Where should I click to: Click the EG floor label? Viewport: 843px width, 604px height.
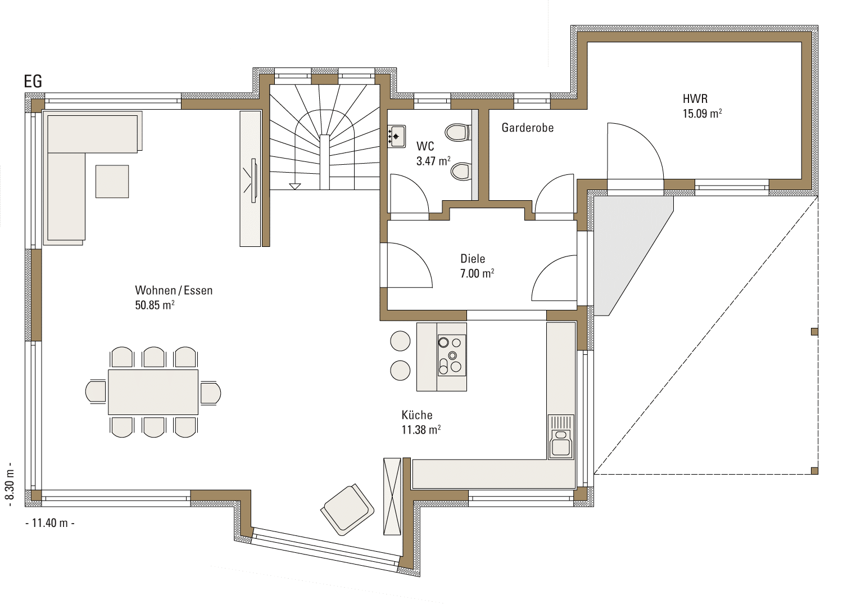click(33, 82)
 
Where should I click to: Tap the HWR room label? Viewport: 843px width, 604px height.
click(695, 99)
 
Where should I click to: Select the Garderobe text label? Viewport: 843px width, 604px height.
click(528, 128)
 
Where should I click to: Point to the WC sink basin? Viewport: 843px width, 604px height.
click(397, 136)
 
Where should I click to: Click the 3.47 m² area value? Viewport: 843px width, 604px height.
click(433, 161)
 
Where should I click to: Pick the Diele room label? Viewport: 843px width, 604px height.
click(473, 259)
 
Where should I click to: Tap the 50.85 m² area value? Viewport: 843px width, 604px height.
click(155, 305)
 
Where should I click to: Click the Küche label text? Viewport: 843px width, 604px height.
click(417, 415)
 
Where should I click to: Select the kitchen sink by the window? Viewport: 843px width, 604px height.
click(561, 437)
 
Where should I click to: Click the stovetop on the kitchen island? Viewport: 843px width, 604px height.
click(452, 355)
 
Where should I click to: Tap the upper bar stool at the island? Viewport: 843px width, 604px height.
click(400, 341)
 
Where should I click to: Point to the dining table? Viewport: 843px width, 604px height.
click(153, 392)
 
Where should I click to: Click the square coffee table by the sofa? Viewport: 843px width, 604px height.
click(112, 182)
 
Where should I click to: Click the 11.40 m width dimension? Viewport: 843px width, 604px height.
click(49, 523)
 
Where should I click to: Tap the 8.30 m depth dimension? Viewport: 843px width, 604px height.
click(10, 485)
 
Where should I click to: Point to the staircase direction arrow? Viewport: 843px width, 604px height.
click(294, 186)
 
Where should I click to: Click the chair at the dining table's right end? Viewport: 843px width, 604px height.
click(210, 393)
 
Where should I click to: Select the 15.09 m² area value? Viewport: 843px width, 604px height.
click(703, 114)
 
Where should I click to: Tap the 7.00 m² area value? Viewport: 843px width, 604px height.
click(477, 273)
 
